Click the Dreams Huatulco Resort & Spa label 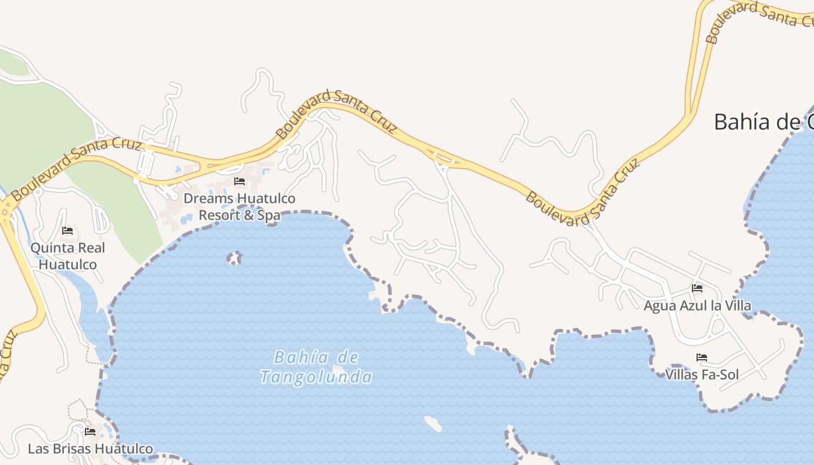(x=240, y=207)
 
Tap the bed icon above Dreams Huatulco (x=239, y=181)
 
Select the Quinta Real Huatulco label (x=67, y=256)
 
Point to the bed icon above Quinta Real (x=67, y=231)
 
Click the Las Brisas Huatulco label (x=90, y=449)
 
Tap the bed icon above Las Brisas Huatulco (x=90, y=432)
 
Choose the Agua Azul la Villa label (x=697, y=306)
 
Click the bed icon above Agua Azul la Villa (x=697, y=288)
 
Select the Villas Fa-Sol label (x=702, y=375)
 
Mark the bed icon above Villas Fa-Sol (x=702, y=357)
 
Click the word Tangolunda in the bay (x=316, y=377)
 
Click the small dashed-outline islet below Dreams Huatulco (x=234, y=257)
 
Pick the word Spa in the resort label (x=269, y=215)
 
